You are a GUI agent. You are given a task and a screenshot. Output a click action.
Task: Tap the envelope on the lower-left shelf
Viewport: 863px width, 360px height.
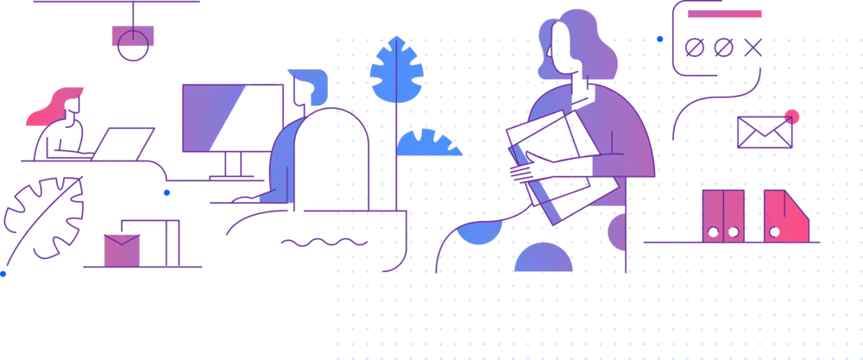[121, 249]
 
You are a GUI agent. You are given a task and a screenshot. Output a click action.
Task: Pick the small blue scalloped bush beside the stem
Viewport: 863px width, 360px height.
[428, 143]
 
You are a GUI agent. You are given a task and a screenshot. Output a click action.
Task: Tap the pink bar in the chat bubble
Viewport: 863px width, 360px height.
[725, 14]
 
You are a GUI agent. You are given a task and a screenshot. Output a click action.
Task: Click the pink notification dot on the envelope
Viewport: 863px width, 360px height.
[792, 117]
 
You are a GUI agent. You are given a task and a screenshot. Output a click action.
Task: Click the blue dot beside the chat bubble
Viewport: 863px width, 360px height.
[660, 39]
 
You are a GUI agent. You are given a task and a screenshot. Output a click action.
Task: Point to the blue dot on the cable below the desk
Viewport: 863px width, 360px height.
[167, 193]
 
